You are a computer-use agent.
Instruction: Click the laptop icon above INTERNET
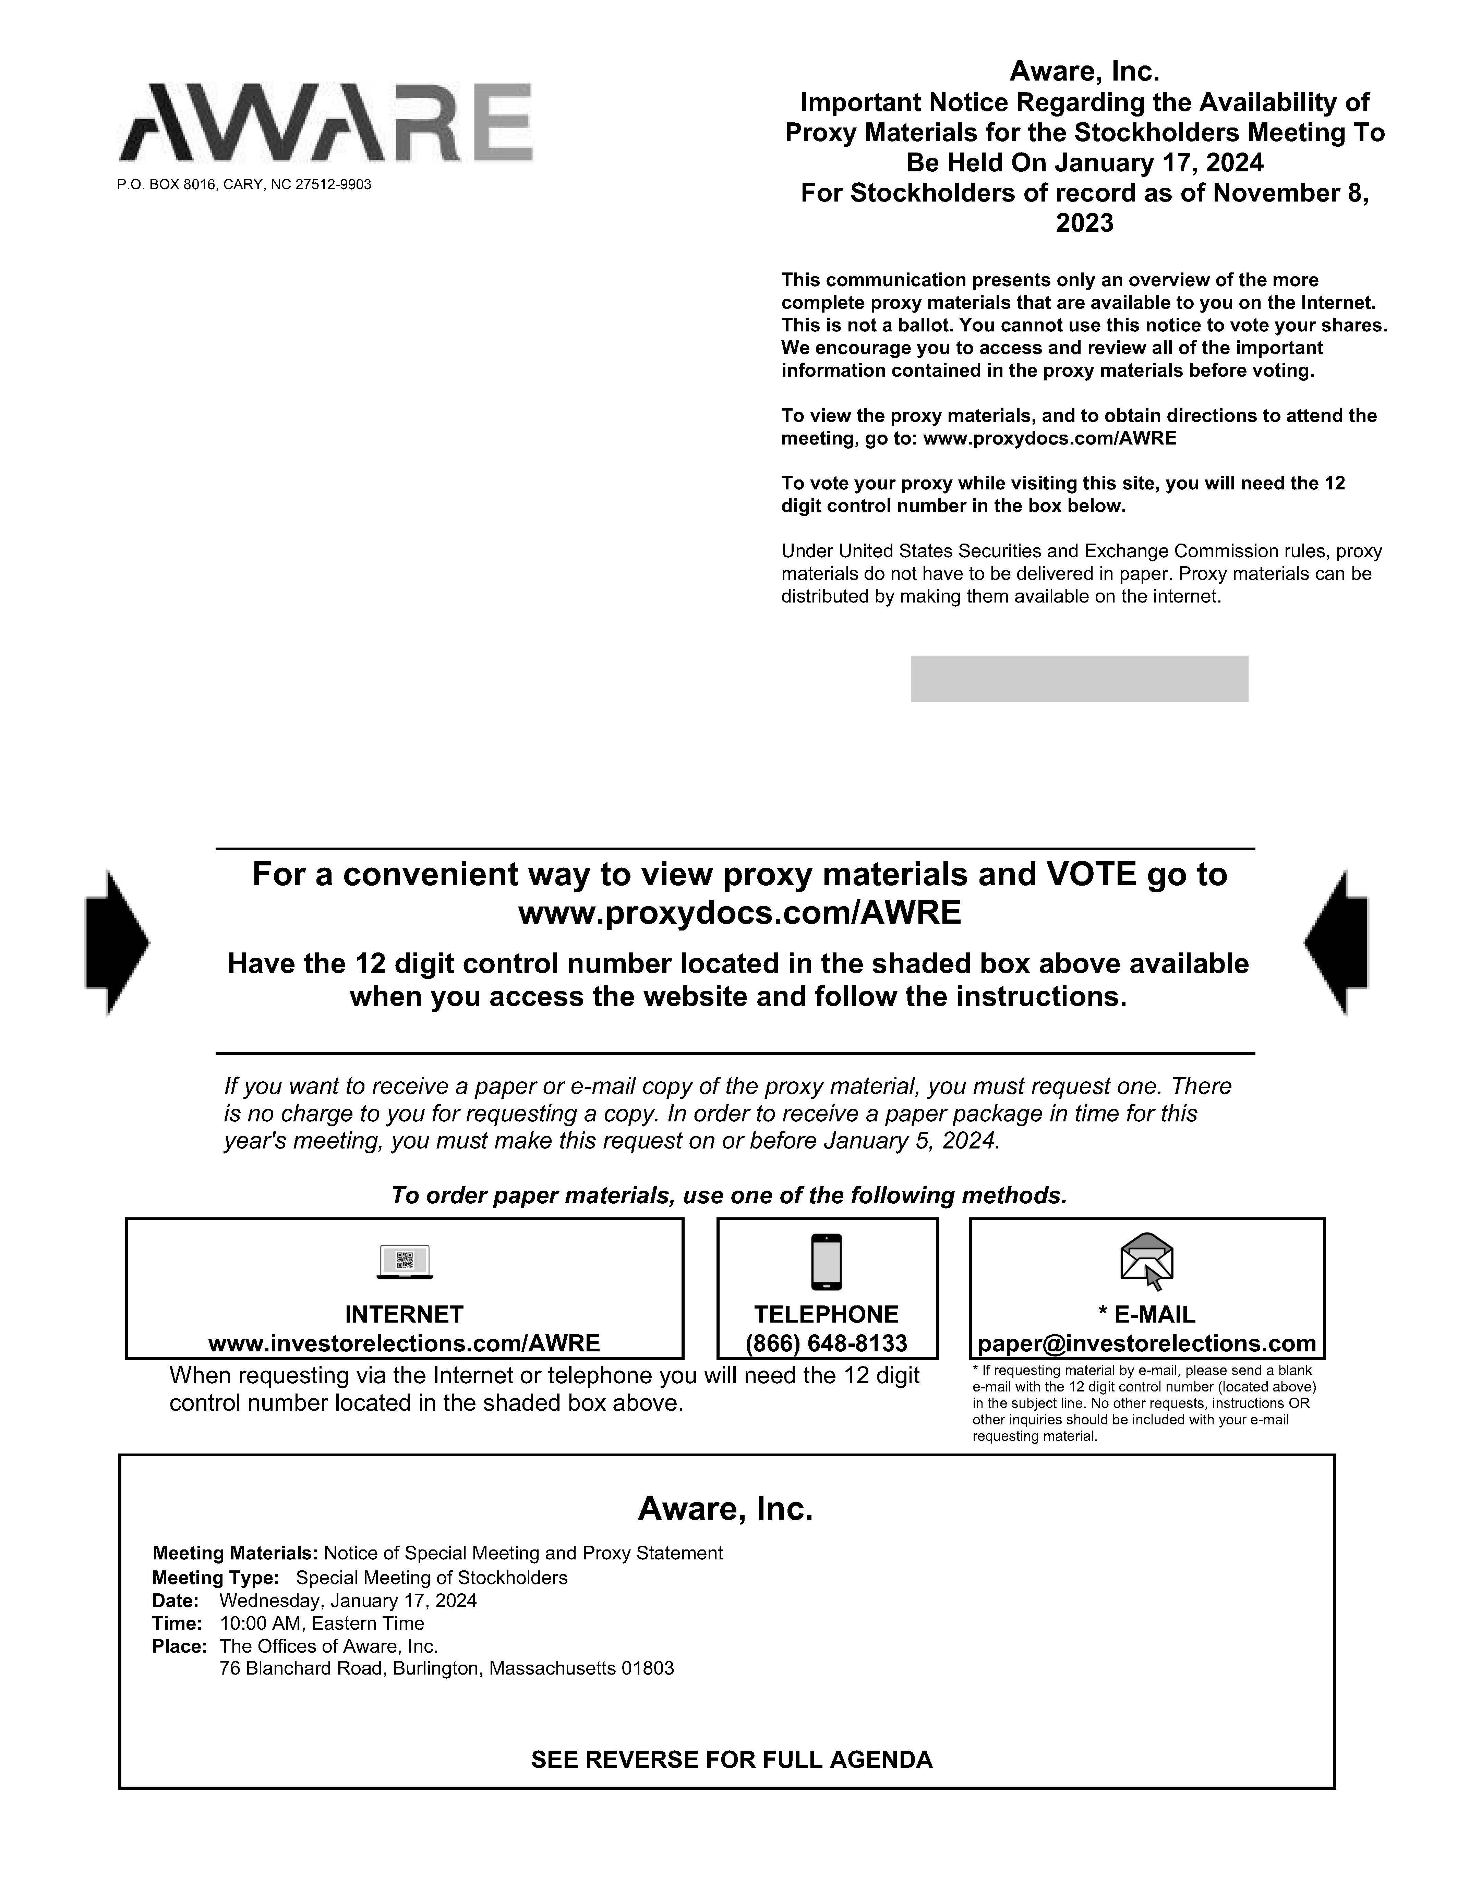(x=405, y=1262)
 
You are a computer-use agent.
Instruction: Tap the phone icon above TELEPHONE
(x=826, y=1262)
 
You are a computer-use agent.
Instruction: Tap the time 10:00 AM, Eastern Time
(x=322, y=1623)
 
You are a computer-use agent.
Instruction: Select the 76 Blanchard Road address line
(x=446, y=1668)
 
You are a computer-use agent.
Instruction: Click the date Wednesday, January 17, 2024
(x=348, y=1601)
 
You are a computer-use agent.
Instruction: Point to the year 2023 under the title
(x=1084, y=223)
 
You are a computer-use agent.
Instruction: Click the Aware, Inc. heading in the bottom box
(x=725, y=1509)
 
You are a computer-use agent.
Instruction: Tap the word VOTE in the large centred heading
(x=1091, y=874)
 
